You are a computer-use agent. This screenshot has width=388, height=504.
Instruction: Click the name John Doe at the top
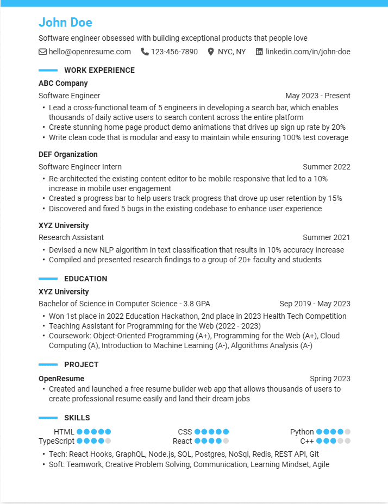65,22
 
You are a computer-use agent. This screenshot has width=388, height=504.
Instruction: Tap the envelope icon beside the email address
42,52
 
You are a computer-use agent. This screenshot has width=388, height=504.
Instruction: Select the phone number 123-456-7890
174,52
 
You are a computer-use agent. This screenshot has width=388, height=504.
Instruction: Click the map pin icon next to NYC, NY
211,52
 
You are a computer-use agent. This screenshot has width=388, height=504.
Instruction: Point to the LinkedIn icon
259,52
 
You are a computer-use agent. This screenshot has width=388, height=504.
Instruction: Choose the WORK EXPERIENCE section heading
99,70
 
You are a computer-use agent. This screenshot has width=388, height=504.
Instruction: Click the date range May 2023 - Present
318,96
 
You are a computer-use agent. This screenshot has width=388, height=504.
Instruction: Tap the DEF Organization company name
68,154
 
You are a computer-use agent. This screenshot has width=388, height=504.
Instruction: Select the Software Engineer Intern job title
80,167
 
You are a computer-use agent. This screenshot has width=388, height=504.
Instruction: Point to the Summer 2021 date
327,237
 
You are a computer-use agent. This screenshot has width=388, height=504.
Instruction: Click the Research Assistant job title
71,237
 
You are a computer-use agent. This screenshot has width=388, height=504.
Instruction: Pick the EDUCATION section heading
86,279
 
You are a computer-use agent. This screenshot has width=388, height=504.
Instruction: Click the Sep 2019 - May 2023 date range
315,304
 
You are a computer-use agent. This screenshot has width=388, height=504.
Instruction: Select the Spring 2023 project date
330,379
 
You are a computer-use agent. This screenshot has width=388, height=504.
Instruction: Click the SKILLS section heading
77,418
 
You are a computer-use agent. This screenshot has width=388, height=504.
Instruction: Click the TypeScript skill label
57,441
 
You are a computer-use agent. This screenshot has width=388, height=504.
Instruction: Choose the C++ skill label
307,441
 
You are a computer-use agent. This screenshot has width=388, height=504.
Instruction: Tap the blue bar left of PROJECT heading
48,364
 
